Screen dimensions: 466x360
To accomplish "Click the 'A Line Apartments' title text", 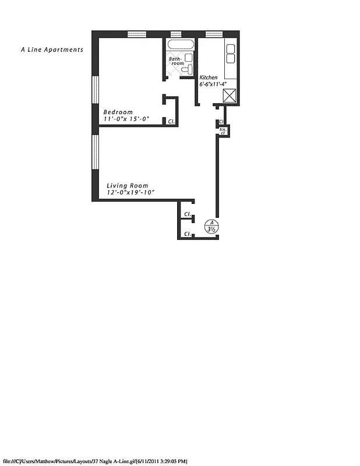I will coord(51,50).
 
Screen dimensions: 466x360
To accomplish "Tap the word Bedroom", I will coord(118,112).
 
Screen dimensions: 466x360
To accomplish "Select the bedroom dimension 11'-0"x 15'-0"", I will coord(126,119).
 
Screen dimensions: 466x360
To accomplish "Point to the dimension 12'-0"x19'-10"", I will coord(130,193).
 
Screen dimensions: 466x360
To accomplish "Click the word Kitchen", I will coord(209,77).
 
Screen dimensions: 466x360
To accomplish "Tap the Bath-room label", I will coord(176,61).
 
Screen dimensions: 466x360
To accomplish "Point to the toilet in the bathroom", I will coord(186,70).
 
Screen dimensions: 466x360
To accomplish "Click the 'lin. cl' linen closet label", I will coord(223,131).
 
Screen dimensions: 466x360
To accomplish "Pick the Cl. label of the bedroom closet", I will coord(171,122).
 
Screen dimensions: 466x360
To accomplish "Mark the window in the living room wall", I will coord(95,153).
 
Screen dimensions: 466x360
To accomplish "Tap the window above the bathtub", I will coord(176,33).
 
